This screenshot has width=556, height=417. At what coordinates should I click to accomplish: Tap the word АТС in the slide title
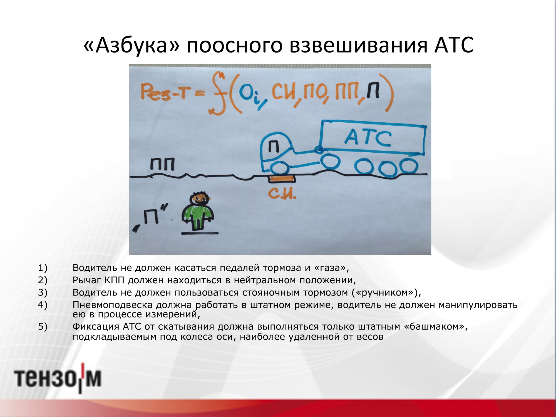[454, 45]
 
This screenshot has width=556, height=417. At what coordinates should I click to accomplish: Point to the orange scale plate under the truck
[282, 179]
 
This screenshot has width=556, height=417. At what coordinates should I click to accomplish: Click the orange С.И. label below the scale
[282, 193]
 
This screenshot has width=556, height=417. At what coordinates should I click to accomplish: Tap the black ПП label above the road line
[162, 164]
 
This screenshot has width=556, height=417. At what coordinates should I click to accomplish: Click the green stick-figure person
[198, 211]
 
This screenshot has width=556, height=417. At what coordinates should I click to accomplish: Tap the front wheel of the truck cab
[279, 168]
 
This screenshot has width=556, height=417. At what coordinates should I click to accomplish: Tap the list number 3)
[43, 292]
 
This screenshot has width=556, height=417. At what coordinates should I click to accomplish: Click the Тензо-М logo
[58, 378]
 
